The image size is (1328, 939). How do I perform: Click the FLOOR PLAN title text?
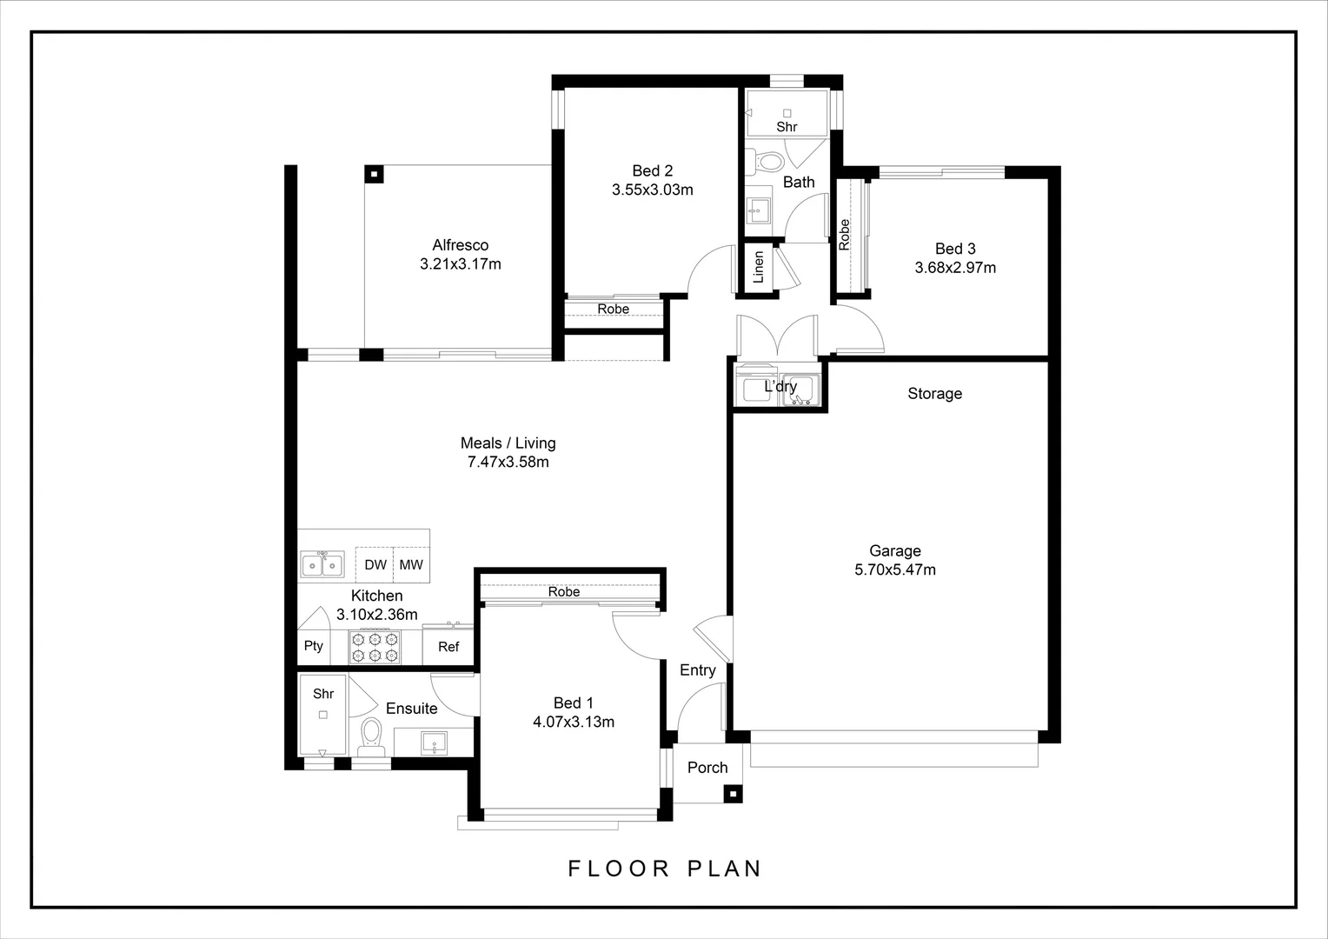[665, 869]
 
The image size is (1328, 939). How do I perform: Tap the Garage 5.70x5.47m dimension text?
[894, 570]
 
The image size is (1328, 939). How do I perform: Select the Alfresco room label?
[460, 245]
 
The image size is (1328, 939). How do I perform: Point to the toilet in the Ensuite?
[372, 736]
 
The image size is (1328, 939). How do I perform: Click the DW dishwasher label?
[375, 565]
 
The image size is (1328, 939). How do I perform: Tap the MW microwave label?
[411, 565]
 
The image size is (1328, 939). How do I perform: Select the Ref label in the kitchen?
[448, 647]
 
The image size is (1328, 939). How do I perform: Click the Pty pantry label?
[314, 646]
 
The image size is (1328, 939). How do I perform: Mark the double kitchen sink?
[322, 564]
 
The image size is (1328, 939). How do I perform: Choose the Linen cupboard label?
[758, 267]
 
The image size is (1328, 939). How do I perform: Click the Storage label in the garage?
[934, 394]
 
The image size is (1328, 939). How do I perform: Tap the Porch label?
[707, 768]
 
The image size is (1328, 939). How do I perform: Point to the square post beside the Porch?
[734, 794]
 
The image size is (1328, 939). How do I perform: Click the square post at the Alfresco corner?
[374, 175]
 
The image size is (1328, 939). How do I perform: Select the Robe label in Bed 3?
[844, 234]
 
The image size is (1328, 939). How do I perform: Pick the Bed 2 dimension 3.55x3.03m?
[652, 190]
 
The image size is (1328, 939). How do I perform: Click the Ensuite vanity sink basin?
[434, 743]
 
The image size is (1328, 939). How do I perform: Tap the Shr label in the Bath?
[787, 127]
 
